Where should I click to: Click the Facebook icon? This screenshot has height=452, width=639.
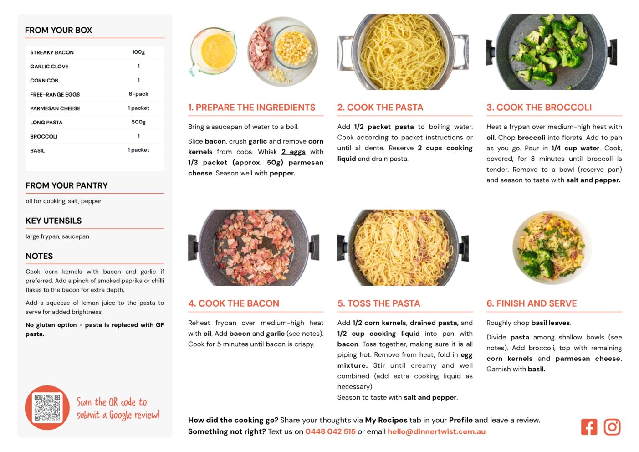pyautogui.click(x=589, y=427)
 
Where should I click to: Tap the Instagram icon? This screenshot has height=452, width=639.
pyautogui.click(x=612, y=427)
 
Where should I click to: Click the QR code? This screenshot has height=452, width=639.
pyautogui.click(x=47, y=408)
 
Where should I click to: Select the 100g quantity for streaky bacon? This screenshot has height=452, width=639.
pyautogui.click(x=138, y=52)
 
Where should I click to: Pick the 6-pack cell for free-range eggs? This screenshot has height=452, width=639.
pyautogui.click(x=138, y=94)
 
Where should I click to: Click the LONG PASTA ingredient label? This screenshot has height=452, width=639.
pyautogui.click(x=46, y=123)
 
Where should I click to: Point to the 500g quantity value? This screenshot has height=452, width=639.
pyautogui.click(x=138, y=122)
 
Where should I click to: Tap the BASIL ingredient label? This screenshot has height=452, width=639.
pyautogui.click(x=37, y=150)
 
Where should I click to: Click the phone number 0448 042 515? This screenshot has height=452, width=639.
pyautogui.click(x=330, y=431)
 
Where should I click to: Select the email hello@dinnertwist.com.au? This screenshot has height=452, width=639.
pyautogui.click(x=436, y=431)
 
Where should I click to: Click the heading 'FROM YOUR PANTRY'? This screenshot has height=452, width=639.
pyautogui.click(x=66, y=185)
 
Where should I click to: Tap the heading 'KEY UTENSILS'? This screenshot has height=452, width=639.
pyautogui.click(x=54, y=221)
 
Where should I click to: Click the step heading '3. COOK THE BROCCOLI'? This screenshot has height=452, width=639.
pyautogui.click(x=539, y=107)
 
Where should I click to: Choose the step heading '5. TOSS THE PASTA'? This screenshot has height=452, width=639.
pyautogui.click(x=379, y=303)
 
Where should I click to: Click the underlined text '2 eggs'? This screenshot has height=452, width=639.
pyautogui.click(x=294, y=152)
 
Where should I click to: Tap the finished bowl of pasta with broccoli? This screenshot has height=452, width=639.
pyautogui.click(x=552, y=247)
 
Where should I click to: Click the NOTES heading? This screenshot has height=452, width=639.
pyautogui.click(x=39, y=256)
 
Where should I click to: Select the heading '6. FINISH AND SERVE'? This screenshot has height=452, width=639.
pyautogui.click(x=532, y=303)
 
